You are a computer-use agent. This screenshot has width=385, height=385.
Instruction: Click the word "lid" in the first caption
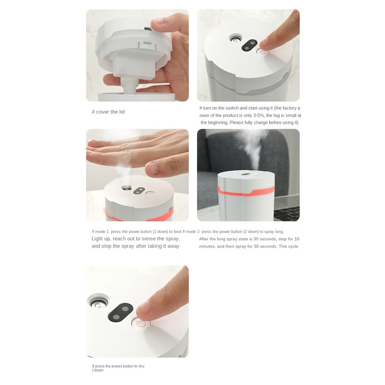click(x=122, y=112)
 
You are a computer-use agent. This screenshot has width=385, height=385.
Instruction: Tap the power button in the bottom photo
click(x=141, y=324)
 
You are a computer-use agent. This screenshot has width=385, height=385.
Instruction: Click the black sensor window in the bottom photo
click(x=121, y=312)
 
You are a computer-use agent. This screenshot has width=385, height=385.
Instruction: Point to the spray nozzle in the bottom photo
click(x=98, y=303)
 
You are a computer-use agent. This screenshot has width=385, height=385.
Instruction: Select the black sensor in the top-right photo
click(x=249, y=45)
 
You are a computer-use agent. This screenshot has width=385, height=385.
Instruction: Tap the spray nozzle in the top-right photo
click(x=236, y=39)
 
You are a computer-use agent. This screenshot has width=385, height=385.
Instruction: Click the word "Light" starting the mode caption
click(x=98, y=239)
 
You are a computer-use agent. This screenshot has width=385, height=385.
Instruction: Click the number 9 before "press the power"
click(x=93, y=366)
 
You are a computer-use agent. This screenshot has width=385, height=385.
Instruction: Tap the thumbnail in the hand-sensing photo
click(x=153, y=168)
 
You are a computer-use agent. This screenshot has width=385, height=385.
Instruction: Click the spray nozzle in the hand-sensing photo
click(x=127, y=188)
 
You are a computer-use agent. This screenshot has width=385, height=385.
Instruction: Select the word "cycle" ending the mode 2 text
click(x=293, y=246)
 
